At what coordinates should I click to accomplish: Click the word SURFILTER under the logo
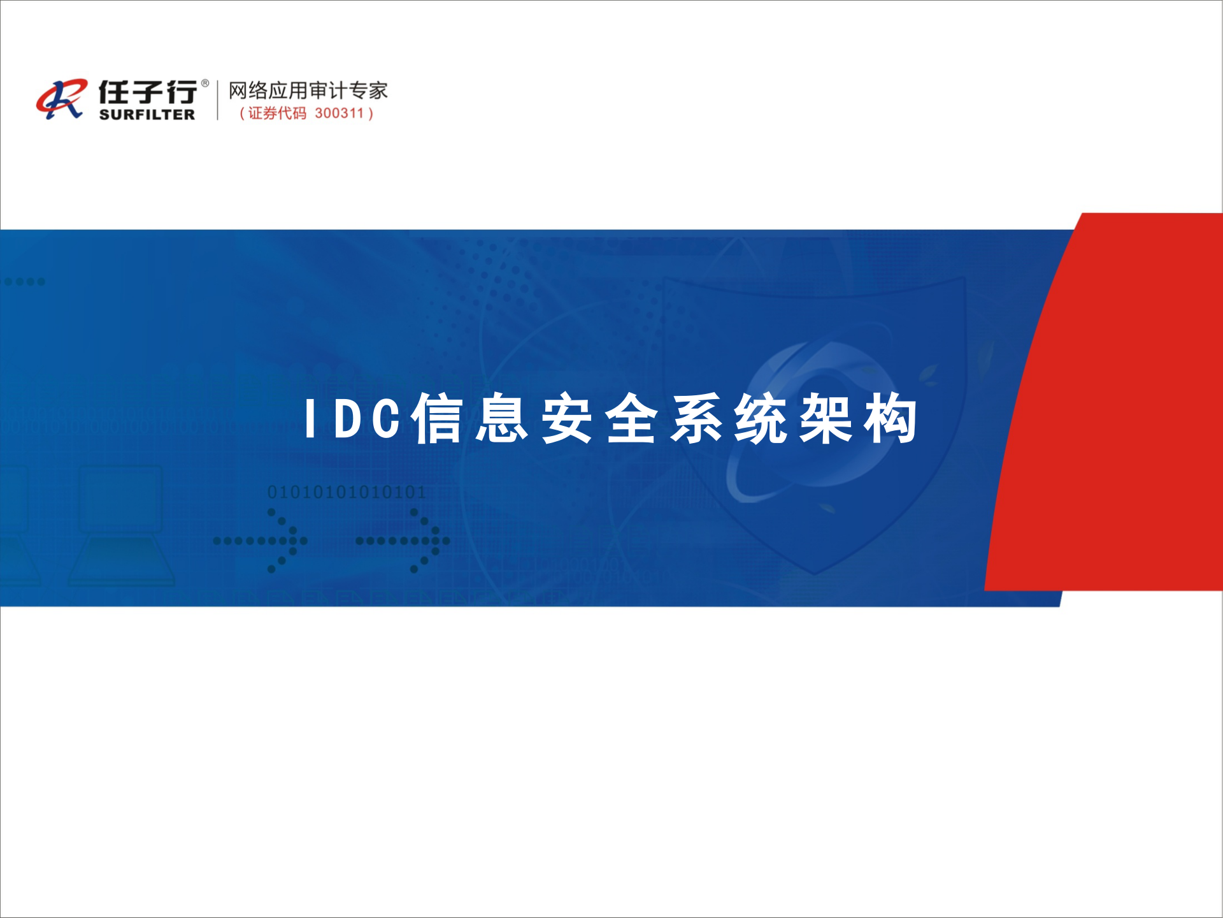coord(147,115)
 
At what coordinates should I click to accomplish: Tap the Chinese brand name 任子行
coord(147,92)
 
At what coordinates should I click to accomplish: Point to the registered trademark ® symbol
coord(204,83)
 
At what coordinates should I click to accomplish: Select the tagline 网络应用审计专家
coord(308,91)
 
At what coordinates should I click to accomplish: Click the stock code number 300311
coord(339,113)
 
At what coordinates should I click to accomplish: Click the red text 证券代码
coord(277,113)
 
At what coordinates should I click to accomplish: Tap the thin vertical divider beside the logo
coord(218,99)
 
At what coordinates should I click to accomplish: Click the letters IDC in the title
coord(353,419)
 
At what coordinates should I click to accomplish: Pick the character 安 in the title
coord(567,419)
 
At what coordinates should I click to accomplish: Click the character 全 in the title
coord(631,419)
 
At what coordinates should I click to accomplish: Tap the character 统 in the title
coord(761,419)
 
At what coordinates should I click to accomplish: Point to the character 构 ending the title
coord(890,419)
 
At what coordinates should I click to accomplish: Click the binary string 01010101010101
coord(346,492)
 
